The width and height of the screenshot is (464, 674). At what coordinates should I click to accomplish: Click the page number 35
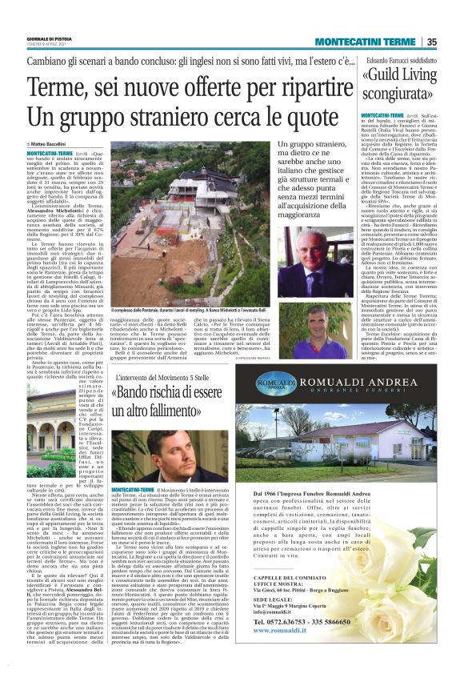pos(431,42)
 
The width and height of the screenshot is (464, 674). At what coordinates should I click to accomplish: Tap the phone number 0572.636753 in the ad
pos(286,621)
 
